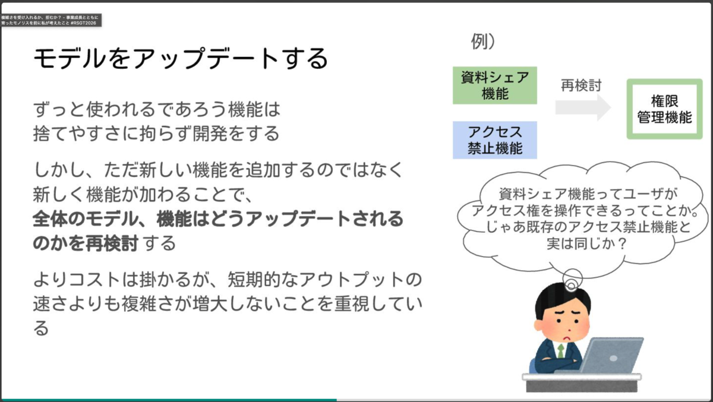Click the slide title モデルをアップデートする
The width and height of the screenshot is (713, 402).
[181, 58]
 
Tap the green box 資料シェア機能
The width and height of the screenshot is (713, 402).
[494, 86]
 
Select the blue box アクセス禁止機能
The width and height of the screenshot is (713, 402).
[494, 140]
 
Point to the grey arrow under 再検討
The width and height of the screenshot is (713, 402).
[583, 107]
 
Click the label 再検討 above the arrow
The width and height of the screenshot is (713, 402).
[581, 86]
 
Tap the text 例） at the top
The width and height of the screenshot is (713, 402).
[483, 42]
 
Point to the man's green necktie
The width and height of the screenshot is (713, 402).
[560, 351]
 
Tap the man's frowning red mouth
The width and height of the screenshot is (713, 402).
[567, 338]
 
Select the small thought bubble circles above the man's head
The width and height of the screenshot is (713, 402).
[572, 280]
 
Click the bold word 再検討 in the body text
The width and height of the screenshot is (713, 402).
[112, 243]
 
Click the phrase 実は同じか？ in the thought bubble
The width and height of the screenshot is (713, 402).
[586, 243]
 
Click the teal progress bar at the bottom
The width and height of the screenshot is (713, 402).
[169, 400]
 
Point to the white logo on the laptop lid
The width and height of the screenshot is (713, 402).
[613, 359]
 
